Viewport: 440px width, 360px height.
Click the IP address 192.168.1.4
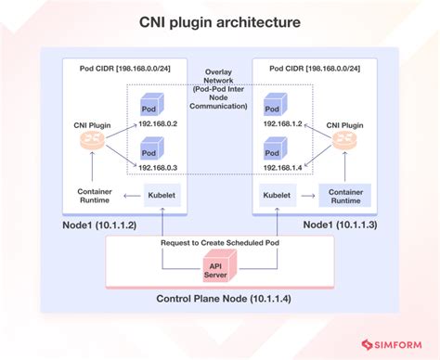(283, 167)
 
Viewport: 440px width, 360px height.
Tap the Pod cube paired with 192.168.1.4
(275, 149)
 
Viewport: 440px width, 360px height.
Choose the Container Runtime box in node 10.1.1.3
(344, 195)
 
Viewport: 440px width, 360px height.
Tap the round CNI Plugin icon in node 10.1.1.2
(95, 145)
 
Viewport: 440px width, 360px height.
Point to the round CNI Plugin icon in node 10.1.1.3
(345, 141)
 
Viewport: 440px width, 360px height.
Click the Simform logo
(392, 340)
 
